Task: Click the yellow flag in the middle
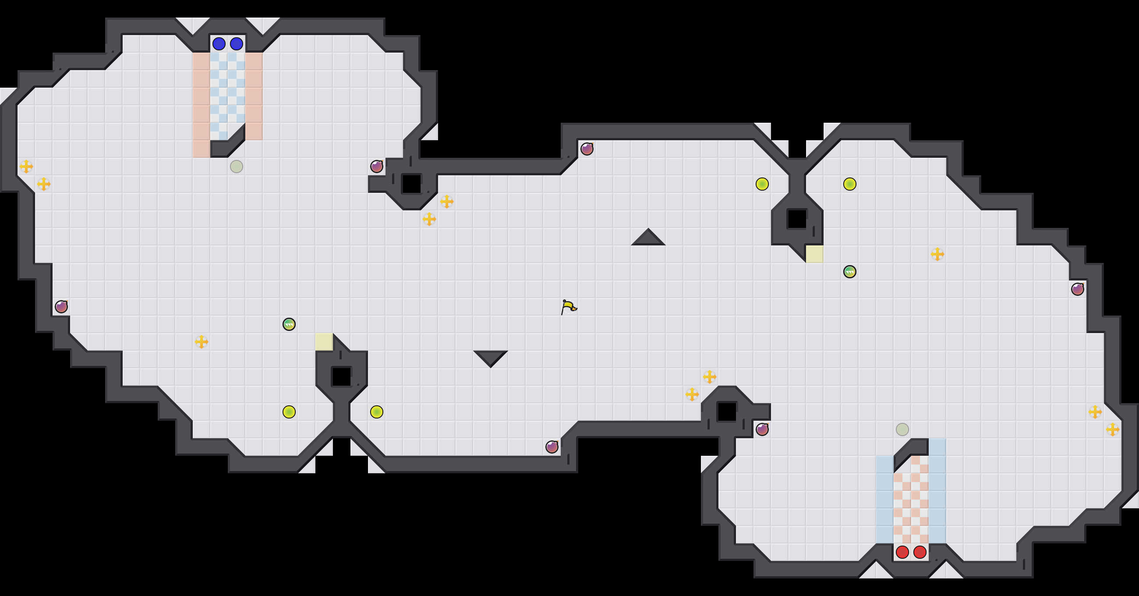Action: coord(569,307)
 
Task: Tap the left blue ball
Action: coord(219,44)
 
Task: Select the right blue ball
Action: coord(237,44)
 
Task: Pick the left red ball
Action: coord(902,552)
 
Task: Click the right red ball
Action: coord(920,552)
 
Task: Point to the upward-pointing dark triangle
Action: coord(648,238)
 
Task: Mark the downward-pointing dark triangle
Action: coord(490,358)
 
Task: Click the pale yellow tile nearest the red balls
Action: coord(814,254)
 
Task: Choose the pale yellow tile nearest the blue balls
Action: coord(324,341)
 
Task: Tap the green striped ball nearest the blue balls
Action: coord(289,324)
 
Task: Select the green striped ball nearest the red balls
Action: coord(849,272)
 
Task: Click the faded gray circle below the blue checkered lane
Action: coord(237,167)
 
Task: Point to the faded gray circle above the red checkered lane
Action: coord(902,429)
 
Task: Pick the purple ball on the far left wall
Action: coord(61,307)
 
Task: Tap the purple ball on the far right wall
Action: coord(1078,289)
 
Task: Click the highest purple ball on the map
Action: coord(587,149)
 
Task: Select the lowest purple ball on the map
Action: coord(552,447)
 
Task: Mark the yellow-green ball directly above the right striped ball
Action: coord(849,184)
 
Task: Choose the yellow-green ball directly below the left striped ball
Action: coord(289,412)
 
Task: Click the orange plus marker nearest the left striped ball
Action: coord(201,341)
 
